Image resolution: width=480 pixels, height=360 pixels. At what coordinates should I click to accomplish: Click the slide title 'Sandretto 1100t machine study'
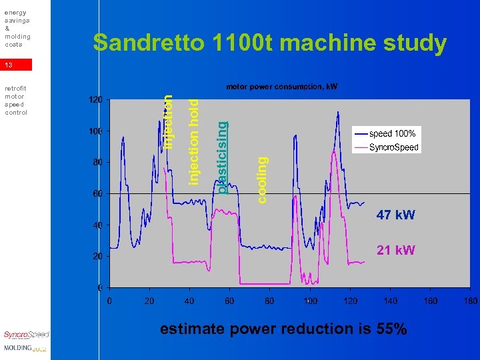point(269,43)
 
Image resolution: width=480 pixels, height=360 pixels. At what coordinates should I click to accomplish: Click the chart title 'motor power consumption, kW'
point(282,87)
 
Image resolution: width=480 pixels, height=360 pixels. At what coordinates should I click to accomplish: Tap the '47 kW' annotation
point(395,215)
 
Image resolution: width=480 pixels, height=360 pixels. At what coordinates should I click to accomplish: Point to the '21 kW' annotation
point(395,250)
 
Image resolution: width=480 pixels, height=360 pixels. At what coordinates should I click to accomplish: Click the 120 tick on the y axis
point(95,99)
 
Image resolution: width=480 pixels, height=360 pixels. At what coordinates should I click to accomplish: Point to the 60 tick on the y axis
point(97,193)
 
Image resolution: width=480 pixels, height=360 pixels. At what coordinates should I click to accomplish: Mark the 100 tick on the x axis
point(310,301)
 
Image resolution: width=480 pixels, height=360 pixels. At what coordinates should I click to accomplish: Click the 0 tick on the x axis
point(110,301)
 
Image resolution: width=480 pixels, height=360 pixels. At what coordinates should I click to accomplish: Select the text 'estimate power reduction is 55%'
point(283,329)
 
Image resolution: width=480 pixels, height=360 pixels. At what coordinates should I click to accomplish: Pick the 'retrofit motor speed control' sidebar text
point(15,100)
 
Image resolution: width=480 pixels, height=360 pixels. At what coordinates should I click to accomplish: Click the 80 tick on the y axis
point(97,162)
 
